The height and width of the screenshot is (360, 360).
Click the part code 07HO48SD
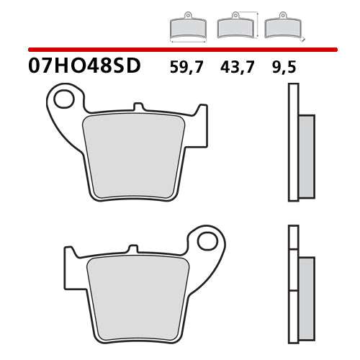(86, 68)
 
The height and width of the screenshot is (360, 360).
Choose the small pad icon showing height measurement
(234, 27)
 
